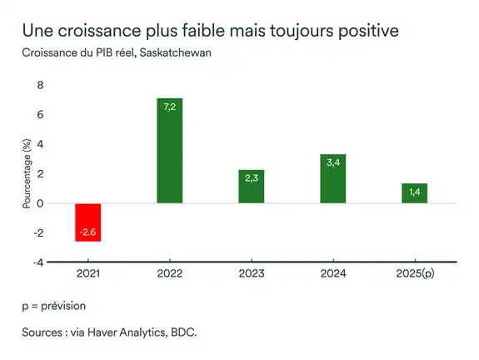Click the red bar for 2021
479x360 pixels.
click(x=87, y=222)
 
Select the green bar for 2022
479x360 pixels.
click(x=169, y=150)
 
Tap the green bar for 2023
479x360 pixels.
click(x=251, y=186)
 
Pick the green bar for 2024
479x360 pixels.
click(x=332, y=178)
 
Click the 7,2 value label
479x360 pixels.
click(x=169, y=107)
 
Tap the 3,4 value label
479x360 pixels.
click(x=332, y=162)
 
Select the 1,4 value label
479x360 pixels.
click(x=414, y=192)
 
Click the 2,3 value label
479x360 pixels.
click(x=251, y=178)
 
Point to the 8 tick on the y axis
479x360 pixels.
click(x=39, y=86)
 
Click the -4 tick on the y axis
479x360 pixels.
click(x=37, y=262)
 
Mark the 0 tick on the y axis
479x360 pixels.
click(x=39, y=203)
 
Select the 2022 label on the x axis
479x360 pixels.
click(x=169, y=274)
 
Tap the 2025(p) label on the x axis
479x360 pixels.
click(x=414, y=274)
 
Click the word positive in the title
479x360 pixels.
click(x=363, y=31)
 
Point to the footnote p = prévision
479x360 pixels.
click(x=54, y=306)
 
